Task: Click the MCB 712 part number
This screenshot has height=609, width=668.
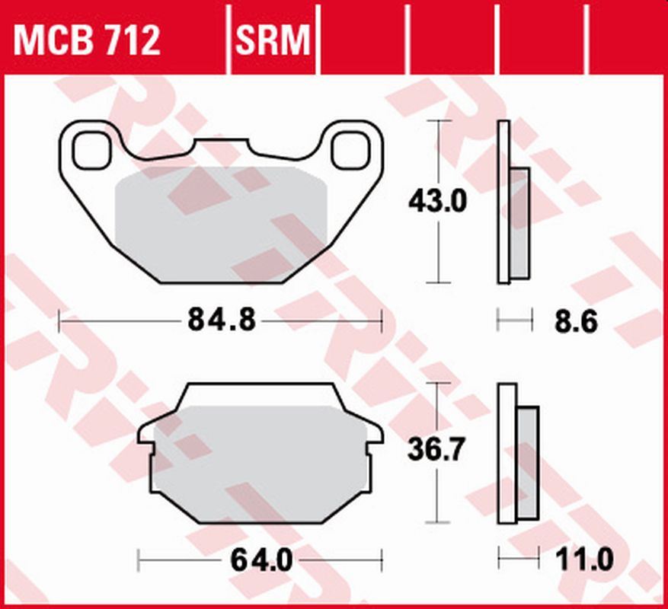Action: [x=88, y=40]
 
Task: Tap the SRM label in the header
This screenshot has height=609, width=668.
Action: [x=274, y=40]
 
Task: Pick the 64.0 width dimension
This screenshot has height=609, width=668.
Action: [x=260, y=562]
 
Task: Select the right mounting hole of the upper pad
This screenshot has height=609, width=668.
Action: [x=350, y=149]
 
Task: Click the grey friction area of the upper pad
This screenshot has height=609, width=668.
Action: [x=221, y=221]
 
